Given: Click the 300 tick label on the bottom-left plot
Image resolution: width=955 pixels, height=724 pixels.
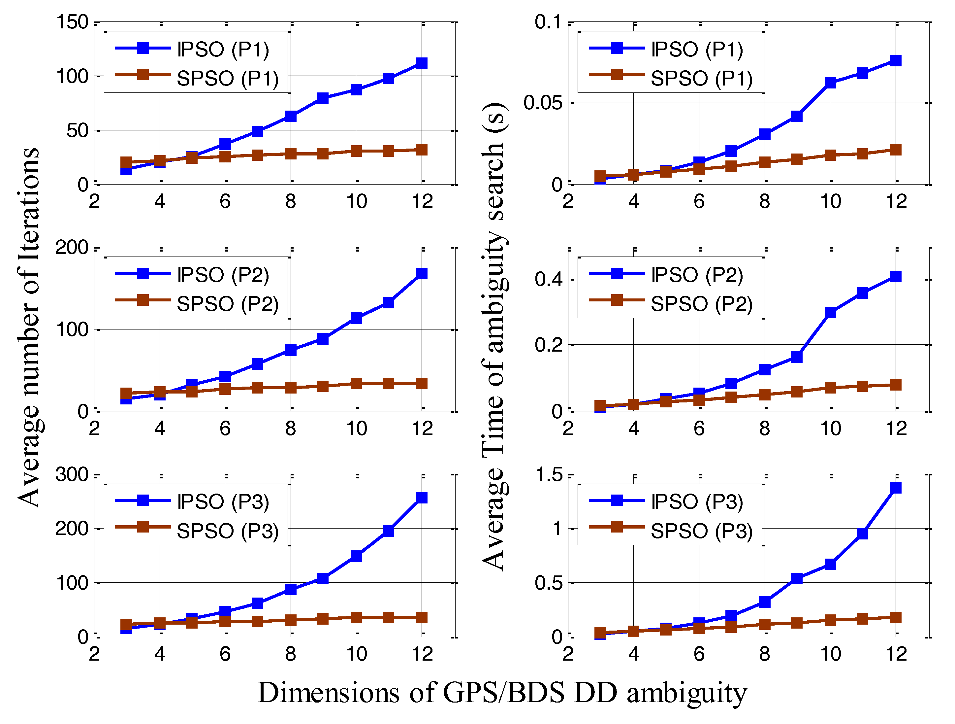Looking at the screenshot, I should (73, 474).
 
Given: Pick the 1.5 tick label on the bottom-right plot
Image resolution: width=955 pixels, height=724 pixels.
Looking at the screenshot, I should (550, 474).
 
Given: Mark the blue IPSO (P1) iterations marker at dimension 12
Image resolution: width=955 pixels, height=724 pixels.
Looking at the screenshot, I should (421, 63).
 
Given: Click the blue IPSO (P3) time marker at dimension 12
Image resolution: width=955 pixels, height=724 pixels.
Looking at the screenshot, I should (896, 488).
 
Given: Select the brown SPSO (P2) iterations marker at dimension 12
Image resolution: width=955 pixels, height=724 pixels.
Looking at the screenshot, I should (421, 383).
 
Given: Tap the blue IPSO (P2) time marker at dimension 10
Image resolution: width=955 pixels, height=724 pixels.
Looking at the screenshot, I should (830, 312).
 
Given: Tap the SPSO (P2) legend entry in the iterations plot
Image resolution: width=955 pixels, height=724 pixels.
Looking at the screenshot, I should (228, 304).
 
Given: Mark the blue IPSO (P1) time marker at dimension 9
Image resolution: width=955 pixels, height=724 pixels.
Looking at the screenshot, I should (797, 116).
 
